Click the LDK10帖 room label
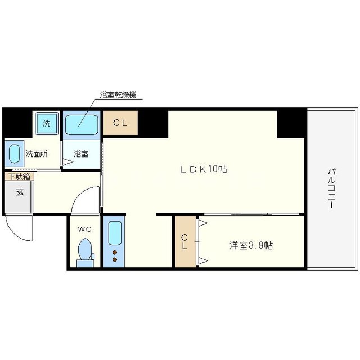point(203,169)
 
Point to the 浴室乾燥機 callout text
point(118,95)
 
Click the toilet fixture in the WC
point(85,250)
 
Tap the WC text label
point(84,229)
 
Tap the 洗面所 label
point(36,153)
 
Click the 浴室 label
point(82,153)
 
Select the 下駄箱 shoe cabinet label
point(19,176)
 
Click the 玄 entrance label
point(19,193)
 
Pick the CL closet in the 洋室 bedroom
point(184,242)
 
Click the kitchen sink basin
point(115,233)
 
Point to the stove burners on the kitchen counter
point(115,256)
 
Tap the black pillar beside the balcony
point(291,123)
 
